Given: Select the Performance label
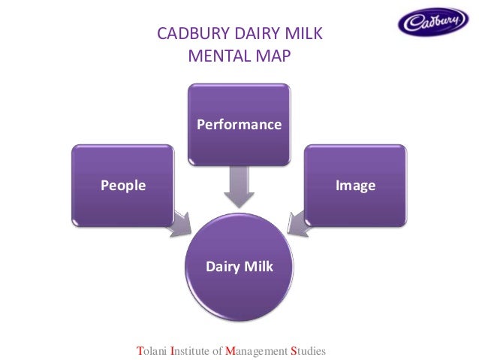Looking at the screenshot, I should [239, 124].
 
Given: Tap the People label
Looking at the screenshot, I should [123, 185].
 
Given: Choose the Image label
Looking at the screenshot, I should [355, 185].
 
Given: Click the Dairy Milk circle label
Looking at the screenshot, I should [239, 266].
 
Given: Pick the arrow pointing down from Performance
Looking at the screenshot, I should [239, 186].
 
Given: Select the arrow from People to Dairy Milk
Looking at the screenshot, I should [179, 223].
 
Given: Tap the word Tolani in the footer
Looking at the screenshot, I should [152, 350].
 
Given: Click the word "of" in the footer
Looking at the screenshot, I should [217, 350].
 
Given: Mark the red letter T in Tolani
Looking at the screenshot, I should [139, 350].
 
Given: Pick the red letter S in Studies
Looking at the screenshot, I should [294, 350].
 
